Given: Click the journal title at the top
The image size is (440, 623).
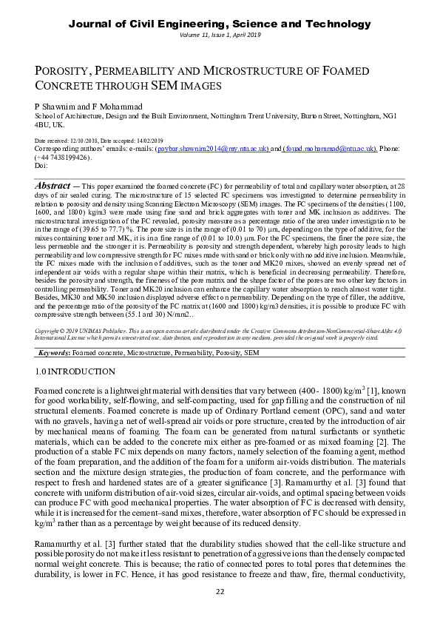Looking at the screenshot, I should coord(220,24).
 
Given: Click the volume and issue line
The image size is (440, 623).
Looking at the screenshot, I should coord(220,36).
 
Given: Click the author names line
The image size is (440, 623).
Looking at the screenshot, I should coord(89,107).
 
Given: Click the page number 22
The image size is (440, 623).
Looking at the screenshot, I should coord(220,591).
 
